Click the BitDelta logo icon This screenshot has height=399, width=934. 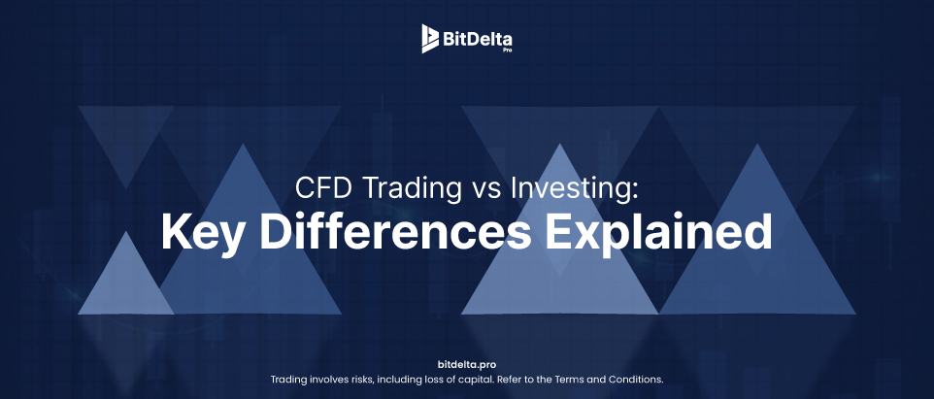[x=430, y=39]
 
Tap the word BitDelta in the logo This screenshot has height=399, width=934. [x=477, y=40]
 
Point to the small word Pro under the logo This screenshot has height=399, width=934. [x=507, y=50]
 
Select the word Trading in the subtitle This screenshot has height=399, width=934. [x=411, y=190]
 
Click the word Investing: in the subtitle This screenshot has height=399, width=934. [x=574, y=190]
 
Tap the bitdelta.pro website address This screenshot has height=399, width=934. [x=466, y=364]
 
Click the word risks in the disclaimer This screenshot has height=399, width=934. [x=362, y=379]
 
